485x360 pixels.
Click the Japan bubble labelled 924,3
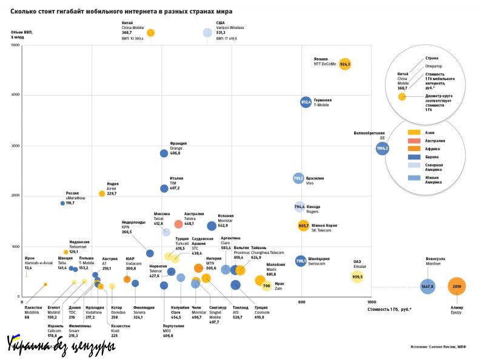pos(345,63)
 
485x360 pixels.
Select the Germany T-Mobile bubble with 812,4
pos(306,102)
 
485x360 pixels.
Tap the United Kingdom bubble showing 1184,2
pos(382,147)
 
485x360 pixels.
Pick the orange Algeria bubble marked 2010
pos(457,286)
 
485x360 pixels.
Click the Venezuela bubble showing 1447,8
pos(428,286)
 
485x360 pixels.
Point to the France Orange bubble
pos(164,153)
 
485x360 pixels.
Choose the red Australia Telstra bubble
pos(178,224)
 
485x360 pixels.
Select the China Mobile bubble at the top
pos(151,33)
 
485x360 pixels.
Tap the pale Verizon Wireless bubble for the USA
pos(207,33)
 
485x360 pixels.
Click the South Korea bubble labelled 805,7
pos(304,225)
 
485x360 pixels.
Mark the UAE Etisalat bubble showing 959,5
pos(358,277)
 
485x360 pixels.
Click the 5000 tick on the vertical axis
pos(16,45)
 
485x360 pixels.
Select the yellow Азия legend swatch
pos(415,132)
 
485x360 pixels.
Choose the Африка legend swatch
pos(415,148)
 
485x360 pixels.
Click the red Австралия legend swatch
pos(415,140)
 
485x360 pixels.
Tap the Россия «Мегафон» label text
pos(76,196)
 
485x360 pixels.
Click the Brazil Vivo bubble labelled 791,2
pos(298,179)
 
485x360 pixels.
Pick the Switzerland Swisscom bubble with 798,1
pos(301,261)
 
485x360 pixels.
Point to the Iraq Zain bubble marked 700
pos(266,285)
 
